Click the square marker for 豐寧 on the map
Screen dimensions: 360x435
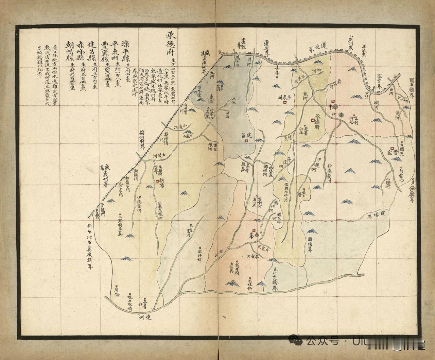392,149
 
